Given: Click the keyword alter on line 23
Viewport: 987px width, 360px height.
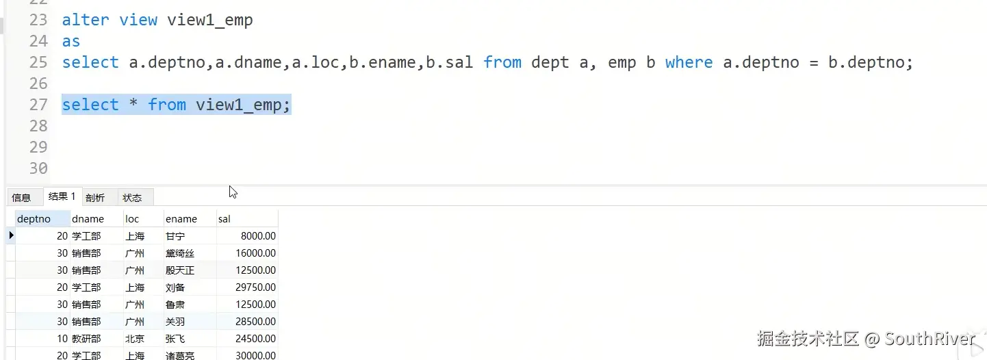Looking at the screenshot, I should pos(85,20).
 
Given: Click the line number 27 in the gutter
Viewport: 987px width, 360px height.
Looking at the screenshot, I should pos(38,105).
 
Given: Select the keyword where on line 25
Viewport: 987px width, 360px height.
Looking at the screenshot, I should pos(689,62).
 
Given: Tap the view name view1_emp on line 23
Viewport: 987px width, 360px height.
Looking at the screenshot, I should pos(210,20).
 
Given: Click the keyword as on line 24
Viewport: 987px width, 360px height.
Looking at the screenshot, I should pos(71,41).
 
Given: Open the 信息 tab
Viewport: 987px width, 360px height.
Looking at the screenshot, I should pos(21,198).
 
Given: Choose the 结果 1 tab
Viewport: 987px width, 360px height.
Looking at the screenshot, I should pos(62,196).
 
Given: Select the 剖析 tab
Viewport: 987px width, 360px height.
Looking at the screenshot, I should pos(95,198).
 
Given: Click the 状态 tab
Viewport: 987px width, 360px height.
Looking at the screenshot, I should pos(132,198).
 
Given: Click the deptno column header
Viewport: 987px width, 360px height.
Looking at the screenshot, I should pos(34,219).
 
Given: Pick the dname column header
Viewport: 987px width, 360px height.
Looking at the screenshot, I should pos(88,219).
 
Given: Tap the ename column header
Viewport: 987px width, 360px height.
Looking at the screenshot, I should pos(181,219).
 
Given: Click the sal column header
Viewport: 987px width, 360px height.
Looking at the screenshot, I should pos(225,219).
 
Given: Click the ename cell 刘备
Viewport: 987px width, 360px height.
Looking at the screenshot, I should pos(175,287).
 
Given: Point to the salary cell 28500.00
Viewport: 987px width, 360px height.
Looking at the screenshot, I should pos(254,322).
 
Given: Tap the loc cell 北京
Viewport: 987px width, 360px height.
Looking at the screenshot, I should pos(135,339).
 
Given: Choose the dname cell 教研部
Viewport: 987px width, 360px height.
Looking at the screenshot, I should pos(86,339).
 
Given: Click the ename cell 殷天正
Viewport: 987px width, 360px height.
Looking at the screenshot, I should pos(180,270).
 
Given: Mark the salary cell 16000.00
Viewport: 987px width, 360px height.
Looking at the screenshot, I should pos(254,253).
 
